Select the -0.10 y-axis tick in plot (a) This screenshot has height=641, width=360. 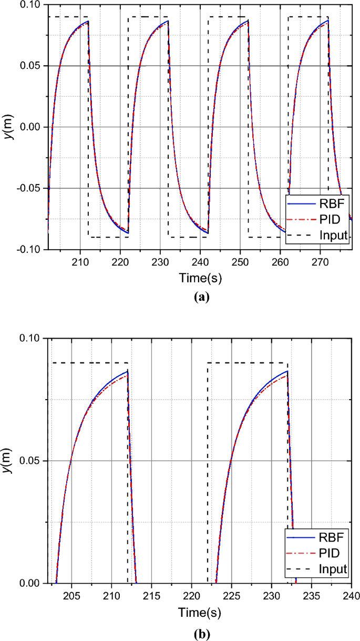(30, 249)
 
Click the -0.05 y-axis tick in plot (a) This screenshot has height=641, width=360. (30, 188)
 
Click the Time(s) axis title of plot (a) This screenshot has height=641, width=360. (200, 277)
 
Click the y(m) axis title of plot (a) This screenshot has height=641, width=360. (9, 127)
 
